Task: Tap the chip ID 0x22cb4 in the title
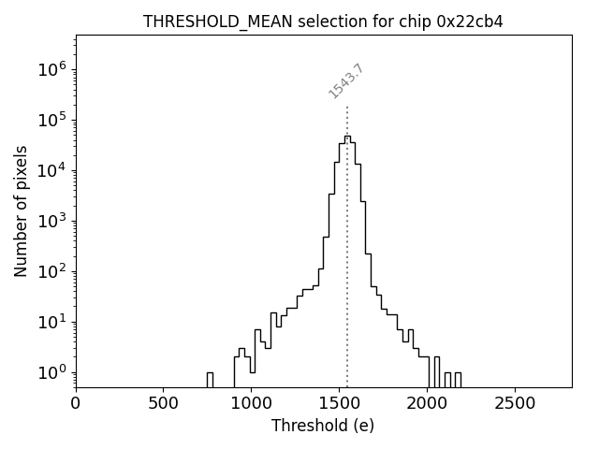pos(470,22)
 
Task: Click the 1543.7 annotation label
pos(346,81)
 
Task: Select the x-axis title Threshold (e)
pos(323,426)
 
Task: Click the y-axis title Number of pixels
pos(22,211)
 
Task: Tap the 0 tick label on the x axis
pos(76,403)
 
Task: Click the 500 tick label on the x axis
pos(164,403)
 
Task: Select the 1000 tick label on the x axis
pos(251,403)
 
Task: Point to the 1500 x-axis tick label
pos(339,403)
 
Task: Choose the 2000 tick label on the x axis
pos(427,403)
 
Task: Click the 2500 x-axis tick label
pos(514,403)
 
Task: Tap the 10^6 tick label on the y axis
pos(54,69)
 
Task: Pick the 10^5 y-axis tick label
pos(54,120)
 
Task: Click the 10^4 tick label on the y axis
pos(54,170)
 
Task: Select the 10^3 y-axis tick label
pos(54,221)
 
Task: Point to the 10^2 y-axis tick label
pos(54,271)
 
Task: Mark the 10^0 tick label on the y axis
pos(54,372)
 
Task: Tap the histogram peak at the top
pos(347,137)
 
